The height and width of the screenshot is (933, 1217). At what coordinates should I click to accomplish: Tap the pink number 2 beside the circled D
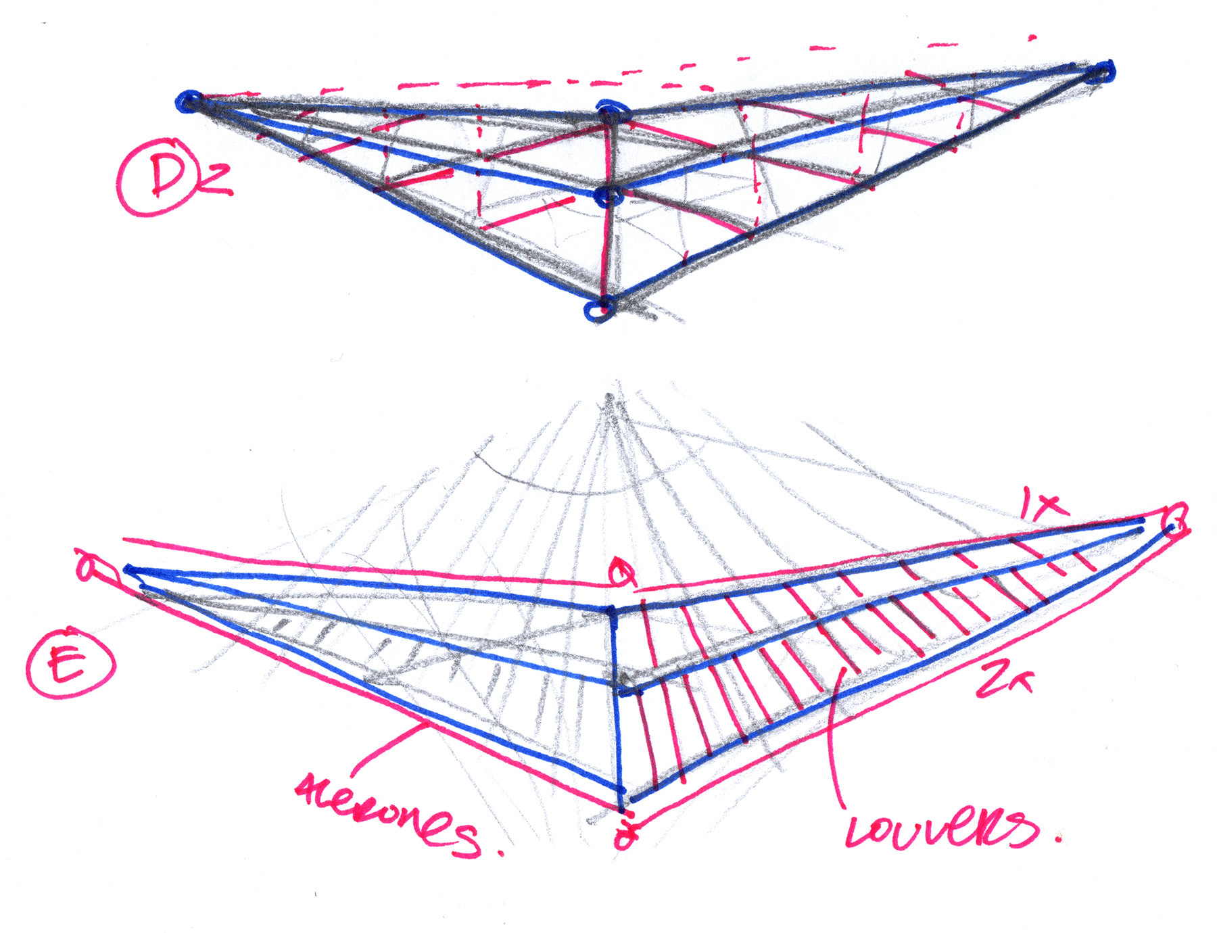coord(216,181)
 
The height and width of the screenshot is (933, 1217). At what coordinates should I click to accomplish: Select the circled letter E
coord(69,664)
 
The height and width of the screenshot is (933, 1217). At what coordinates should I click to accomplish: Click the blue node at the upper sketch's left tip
coord(189,102)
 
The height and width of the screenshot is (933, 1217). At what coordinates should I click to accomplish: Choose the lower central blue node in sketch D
coord(610,197)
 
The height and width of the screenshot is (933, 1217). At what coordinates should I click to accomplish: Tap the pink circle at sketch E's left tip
coord(88,567)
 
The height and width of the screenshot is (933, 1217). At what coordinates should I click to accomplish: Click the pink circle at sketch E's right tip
coord(1177,521)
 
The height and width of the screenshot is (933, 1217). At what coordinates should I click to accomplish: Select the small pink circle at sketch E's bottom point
coord(625,837)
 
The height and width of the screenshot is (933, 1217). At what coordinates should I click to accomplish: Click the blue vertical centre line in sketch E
coord(617,703)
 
